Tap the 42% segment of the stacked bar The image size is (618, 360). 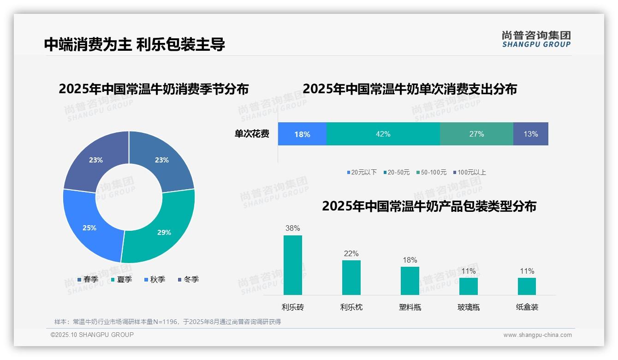click(383, 134)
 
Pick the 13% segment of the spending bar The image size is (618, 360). click(530, 134)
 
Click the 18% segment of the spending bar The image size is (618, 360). click(302, 134)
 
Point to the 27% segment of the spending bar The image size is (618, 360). click(476, 134)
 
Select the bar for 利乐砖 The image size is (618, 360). click(292, 265)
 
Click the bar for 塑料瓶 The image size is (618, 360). click(410, 281)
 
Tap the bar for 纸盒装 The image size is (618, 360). click(527, 286)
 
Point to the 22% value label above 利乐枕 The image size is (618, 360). click(351, 253)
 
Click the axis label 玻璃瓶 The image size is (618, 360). click(468, 307)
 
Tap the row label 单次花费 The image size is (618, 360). click(252, 134)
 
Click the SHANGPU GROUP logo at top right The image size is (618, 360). click(536, 39)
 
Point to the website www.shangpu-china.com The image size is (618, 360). click(537, 335)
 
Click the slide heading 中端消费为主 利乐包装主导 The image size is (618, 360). click(134, 44)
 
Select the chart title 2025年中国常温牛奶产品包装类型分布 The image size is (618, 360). click(429, 206)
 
